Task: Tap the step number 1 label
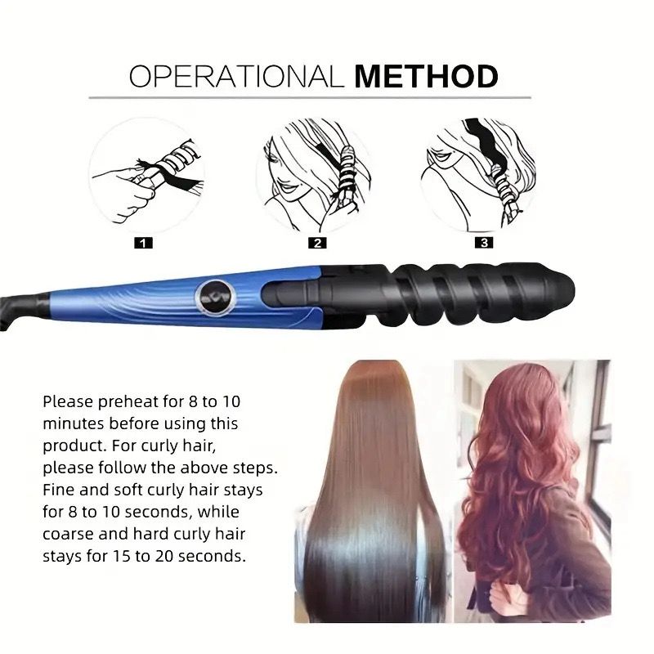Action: [144, 243]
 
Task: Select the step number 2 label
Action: [317, 243]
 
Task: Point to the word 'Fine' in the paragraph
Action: [59, 490]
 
